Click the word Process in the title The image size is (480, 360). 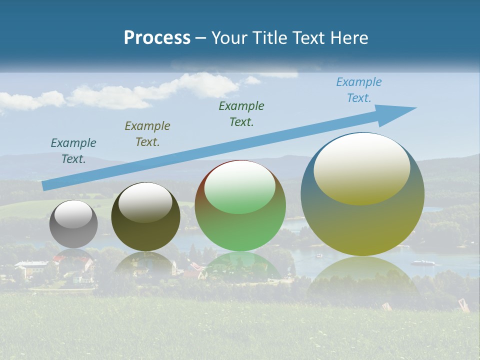click(x=157, y=38)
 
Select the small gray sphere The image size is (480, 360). click(x=73, y=224)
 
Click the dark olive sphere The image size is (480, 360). click(x=145, y=217)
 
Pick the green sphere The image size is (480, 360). click(x=240, y=206)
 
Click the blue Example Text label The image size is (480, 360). click(x=358, y=90)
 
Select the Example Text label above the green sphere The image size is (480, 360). click(x=241, y=113)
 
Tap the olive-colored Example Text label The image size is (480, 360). click(x=147, y=133)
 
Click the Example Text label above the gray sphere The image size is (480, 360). click(x=73, y=150)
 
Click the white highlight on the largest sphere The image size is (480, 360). click(x=361, y=167)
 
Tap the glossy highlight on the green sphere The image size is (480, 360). click(x=239, y=186)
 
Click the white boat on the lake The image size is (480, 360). click(x=422, y=262)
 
